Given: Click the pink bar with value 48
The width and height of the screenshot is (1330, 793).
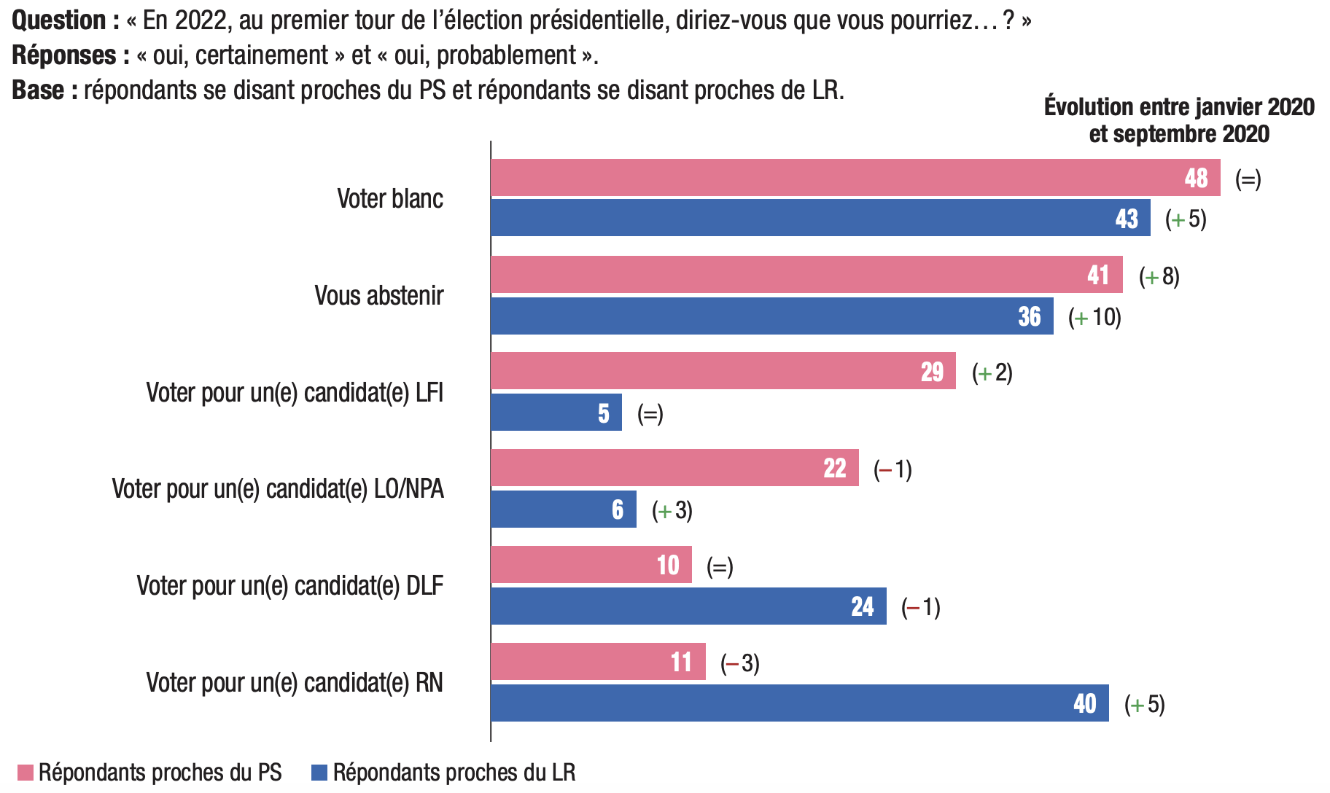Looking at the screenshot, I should click(855, 178).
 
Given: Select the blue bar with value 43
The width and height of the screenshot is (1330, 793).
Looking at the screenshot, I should click(820, 218).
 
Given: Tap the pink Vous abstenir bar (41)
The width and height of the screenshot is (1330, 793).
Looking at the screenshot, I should click(806, 275).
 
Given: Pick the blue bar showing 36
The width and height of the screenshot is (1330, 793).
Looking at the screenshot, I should click(771, 316).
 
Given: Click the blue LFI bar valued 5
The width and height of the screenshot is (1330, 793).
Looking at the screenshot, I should click(556, 413).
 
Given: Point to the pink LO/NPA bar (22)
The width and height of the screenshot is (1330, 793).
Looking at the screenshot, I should click(674, 468).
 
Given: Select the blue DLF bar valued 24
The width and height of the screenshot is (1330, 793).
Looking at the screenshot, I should click(688, 606).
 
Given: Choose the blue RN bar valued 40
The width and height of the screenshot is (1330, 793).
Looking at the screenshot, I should click(799, 703).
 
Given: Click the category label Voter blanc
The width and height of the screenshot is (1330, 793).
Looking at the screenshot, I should click(390, 198).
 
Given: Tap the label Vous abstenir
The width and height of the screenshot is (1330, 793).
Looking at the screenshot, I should click(379, 295).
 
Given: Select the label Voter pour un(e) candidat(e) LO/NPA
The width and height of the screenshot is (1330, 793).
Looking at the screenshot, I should click(278, 488).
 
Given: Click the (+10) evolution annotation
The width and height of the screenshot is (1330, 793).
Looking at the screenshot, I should click(1094, 317).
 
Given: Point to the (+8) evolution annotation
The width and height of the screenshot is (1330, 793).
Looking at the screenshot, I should click(1159, 276).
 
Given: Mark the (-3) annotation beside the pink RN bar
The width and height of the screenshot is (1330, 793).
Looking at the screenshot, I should click(740, 663).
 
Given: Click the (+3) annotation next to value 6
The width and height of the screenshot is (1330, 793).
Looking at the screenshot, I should click(672, 510).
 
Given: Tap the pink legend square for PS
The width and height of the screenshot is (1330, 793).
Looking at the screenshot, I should click(26, 773).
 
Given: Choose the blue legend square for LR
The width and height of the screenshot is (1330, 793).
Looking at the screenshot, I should click(319, 773).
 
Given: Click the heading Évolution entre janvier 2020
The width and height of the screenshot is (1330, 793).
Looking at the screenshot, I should click(1179, 107).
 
